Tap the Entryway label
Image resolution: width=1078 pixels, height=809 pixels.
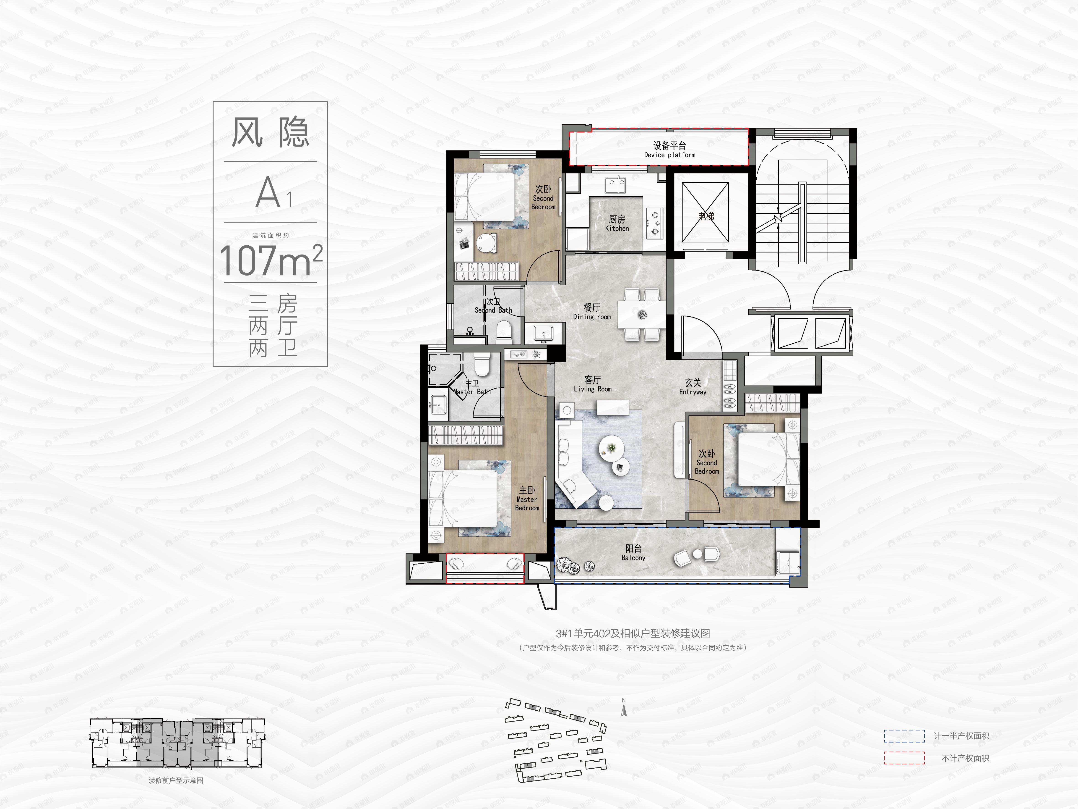tap(693, 387)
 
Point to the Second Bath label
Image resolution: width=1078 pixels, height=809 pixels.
tap(493, 306)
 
